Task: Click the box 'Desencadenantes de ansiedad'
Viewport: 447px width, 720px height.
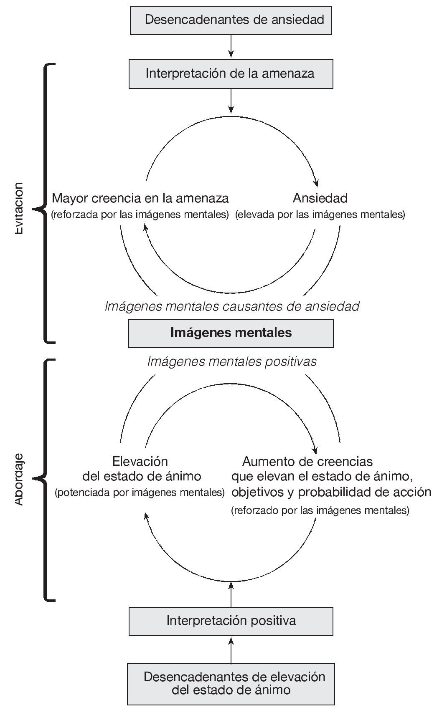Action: tap(231, 20)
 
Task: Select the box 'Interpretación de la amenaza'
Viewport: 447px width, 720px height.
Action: tap(231, 74)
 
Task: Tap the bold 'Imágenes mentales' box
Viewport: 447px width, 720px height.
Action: tap(231, 333)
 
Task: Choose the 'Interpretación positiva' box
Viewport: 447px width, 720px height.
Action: tap(231, 621)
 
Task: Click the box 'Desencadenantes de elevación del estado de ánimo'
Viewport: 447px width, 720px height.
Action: tap(231, 683)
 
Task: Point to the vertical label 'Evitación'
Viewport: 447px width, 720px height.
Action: tap(19, 209)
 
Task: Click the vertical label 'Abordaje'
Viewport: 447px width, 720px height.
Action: tap(19, 479)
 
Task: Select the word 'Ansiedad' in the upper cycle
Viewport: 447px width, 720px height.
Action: tap(320, 198)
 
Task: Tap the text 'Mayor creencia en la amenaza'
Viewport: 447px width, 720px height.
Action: tap(140, 198)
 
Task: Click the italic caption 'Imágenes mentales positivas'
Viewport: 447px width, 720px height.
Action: tap(232, 361)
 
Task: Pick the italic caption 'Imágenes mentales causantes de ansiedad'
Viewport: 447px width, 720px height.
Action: tap(232, 306)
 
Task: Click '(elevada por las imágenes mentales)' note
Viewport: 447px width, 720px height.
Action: tap(320, 215)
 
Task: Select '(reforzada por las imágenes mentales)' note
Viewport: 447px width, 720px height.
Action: tap(140, 215)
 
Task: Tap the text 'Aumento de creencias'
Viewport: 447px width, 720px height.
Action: tap(307, 462)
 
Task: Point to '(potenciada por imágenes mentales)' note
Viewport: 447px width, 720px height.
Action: tap(140, 493)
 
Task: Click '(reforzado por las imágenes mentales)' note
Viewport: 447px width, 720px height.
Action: tap(320, 510)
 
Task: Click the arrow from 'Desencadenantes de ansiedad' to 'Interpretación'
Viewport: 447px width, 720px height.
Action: tap(231, 46)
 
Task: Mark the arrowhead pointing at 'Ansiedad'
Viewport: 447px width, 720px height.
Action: tap(317, 183)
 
